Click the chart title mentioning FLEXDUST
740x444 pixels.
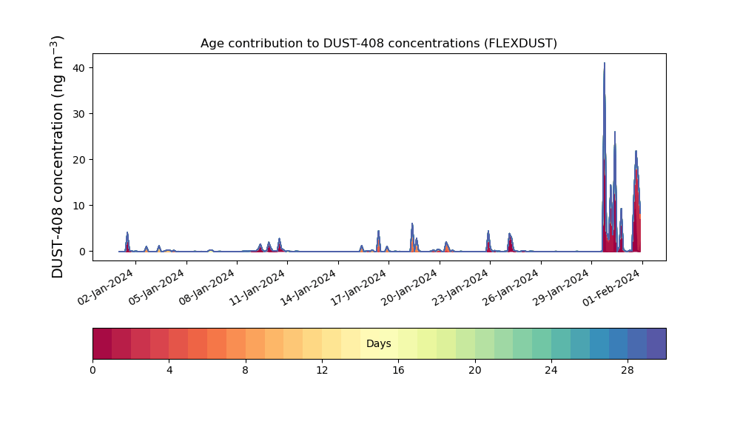click(x=378, y=44)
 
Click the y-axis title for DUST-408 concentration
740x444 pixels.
click(x=57, y=157)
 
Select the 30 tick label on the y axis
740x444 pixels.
click(x=79, y=114)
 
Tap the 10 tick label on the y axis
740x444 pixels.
click(x=79, y=206)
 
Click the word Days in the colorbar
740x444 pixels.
click(x=378, y=343)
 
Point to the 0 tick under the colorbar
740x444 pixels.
click(x=92, y=371)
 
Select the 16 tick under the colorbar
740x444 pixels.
click(x=398, y=371)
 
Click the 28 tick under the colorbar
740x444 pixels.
click(x=628, y=371)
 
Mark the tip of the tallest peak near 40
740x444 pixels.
click(x=604, y=63)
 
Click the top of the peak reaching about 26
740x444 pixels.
click(x=614, y=132)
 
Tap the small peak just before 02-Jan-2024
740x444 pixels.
click(x=127, y=232)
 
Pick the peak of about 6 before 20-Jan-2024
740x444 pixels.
click(x=412, y=223)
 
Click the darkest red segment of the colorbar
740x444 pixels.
click(x=102, y=343)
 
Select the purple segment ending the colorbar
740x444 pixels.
click(x=656, y=343)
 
